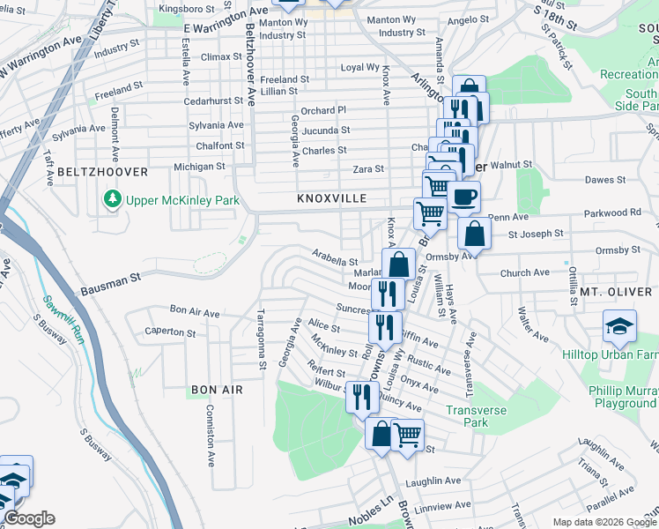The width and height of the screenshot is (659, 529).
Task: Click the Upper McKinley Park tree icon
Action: (x=112, y=200)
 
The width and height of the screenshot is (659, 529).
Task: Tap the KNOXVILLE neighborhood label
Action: (x=331, y=198)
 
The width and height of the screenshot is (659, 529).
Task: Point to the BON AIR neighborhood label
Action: (x=215, y=389)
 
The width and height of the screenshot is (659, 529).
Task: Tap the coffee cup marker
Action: (x=463, y=196)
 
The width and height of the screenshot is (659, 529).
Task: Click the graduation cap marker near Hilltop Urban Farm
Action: (x=619, y=325)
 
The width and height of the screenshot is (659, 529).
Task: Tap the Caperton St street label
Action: (x=170, y=333)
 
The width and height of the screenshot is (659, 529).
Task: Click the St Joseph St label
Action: (x=535, y=234)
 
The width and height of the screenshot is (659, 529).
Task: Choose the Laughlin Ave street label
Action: (x=433, y=481)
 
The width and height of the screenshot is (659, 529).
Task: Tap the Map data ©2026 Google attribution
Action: (x=604, y=521)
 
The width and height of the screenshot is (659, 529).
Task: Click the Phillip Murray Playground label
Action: (x=622, y=396)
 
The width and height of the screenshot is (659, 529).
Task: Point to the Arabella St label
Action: (x=335, y=257)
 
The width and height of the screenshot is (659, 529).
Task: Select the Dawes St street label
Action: (x=605, y=180)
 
